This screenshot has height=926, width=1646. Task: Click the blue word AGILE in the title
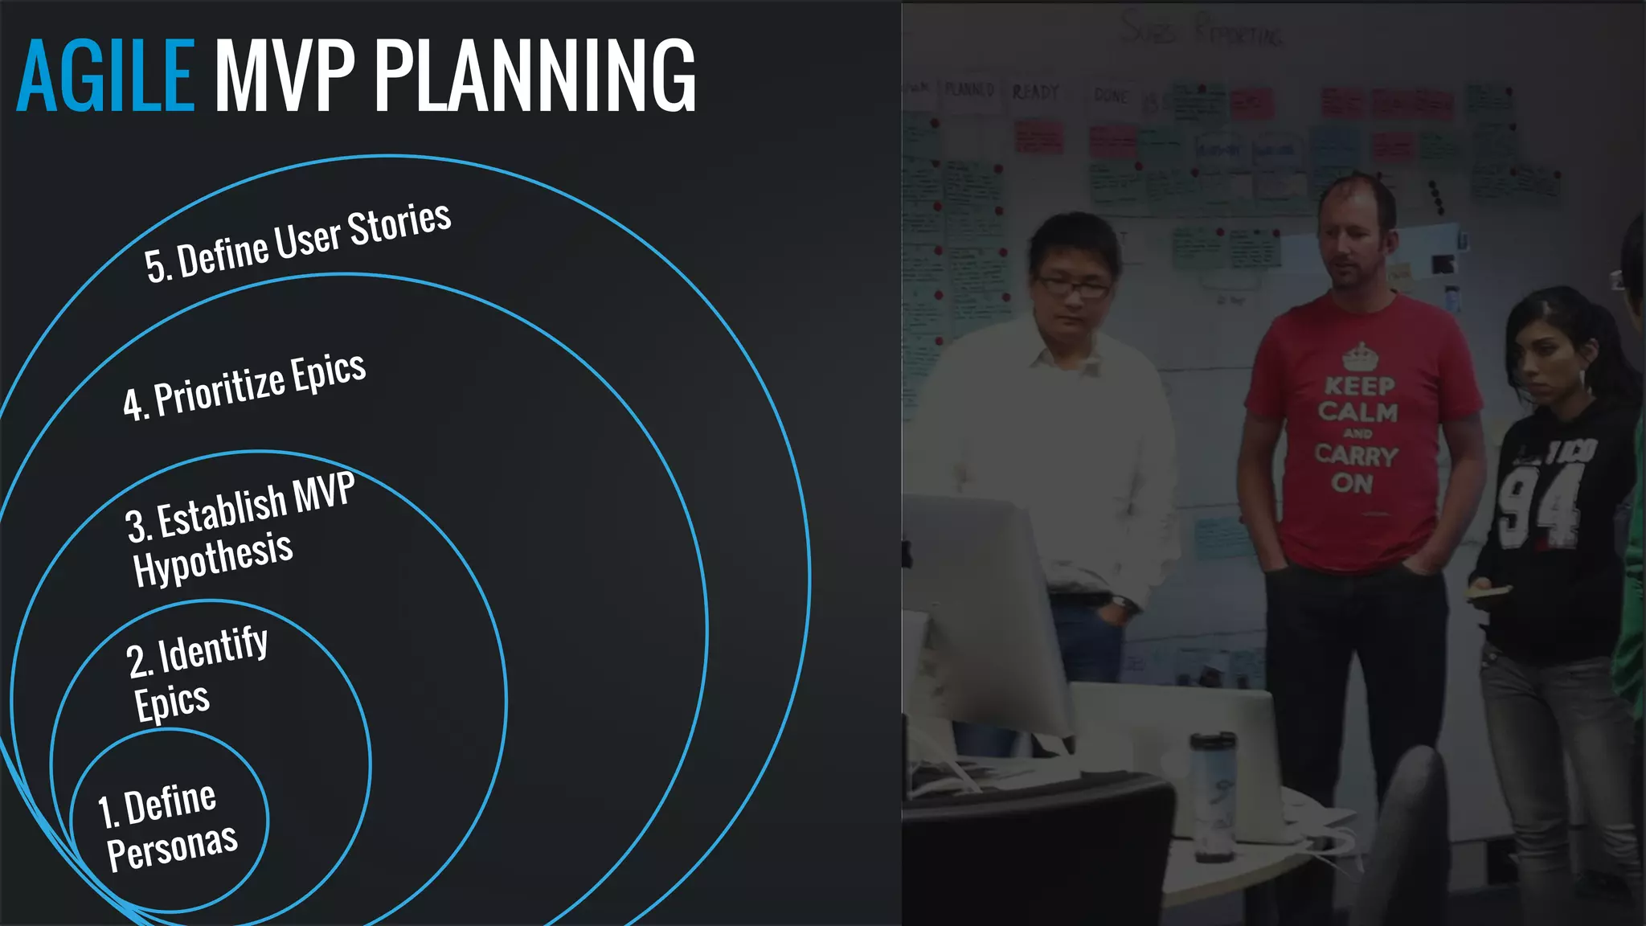[x=105, y=76]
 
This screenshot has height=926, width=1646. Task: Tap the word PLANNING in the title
[x=534, y=76]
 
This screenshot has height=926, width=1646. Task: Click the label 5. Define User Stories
[x=297, y=242]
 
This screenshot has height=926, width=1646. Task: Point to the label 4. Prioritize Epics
[x=244, y=387]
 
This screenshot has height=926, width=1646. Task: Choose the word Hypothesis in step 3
[x=213, y=558]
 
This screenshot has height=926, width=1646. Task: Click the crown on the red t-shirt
[x=1360, y=355]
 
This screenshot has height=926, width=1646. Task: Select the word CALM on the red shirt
[x=1357, y=412]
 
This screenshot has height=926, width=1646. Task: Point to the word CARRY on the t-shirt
[x=1357, y=455]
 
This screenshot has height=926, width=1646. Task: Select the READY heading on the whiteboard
[x=1035, y=92]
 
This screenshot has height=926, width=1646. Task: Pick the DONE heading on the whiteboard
[x=1111, y=96]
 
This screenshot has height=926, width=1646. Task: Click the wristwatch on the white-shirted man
[x=1120, y=603]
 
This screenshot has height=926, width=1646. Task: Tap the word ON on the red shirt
[x=1352, y=483]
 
